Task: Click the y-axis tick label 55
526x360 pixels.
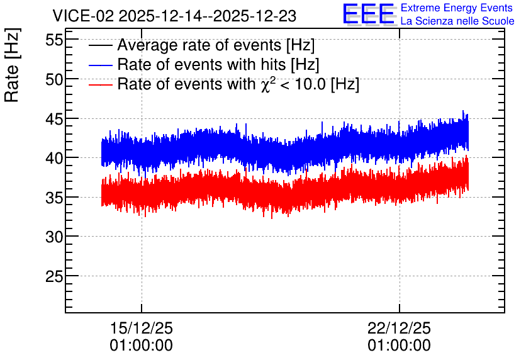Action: [54, 40]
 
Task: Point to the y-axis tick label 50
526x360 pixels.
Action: [54, 79]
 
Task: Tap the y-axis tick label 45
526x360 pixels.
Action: [54, 119]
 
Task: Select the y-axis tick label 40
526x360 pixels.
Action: [54, 159]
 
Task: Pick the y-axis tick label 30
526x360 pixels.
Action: [54, 237]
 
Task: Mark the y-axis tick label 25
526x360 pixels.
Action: [54, 276]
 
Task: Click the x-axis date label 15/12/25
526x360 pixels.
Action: [141, 328]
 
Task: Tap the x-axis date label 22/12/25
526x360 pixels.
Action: [399, 328]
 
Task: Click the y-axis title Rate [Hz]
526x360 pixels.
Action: [12, 65]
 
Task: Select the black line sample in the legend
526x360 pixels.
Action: [100, 45]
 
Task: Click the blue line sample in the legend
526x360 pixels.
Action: [100, 65]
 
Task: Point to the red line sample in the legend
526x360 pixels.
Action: [100, 84]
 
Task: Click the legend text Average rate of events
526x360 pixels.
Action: [199, 45]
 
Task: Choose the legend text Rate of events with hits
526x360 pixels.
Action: [201, 64]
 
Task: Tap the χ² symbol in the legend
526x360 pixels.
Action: [268, 84]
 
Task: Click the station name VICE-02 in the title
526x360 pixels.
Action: [84, 16]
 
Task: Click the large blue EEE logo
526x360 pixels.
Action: [369, 14]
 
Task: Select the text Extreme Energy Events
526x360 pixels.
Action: [457, 8]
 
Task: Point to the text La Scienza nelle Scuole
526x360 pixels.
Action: [457, 21]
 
